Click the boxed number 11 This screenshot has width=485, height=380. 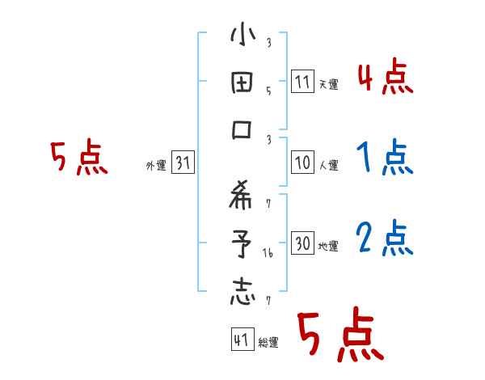point(302,82)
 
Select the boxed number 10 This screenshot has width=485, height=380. point(302,163)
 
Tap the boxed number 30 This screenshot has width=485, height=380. point(302,243)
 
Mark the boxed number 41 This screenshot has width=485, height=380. point(241,340)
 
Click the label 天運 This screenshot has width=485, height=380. point(328,84)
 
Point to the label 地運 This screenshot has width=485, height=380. point(328,246)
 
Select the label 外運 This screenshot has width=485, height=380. point(156,166)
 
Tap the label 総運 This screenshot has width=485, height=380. point(268,343)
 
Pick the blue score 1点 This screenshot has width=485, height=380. point(385,158)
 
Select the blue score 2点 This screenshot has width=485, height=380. point(385,239)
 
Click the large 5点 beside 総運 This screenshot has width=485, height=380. point(339,336)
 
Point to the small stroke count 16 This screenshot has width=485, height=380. point(268,254)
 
